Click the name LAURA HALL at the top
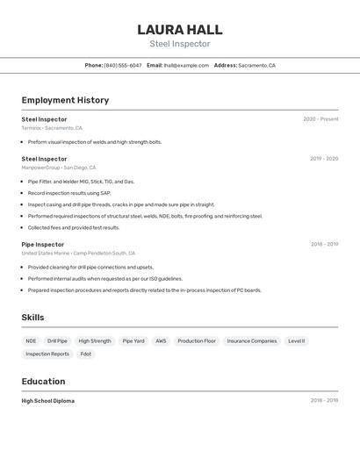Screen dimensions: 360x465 [180, 29]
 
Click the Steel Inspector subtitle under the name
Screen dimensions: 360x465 [180, 44]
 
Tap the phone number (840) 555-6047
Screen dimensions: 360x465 [122, 65]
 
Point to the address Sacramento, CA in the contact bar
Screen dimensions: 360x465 [256, 65]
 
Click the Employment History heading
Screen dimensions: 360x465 [65, 100]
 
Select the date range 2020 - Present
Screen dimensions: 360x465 [320, 119]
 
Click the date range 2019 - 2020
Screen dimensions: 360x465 [324, 159]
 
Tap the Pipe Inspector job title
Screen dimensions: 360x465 [43, 245]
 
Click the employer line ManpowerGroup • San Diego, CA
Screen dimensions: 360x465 [59, 168]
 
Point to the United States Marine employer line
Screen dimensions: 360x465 [78, 253]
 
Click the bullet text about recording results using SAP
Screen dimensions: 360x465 [69, 193]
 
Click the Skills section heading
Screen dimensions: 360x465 [32, 318]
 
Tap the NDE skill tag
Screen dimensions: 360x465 [31, 340]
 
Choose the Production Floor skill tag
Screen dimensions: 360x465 [197, 340]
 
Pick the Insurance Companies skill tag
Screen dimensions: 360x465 [252, 340]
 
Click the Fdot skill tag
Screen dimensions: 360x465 [86, 354]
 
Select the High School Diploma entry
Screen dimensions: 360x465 [48, 400]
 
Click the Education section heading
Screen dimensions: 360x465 [43, 382]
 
